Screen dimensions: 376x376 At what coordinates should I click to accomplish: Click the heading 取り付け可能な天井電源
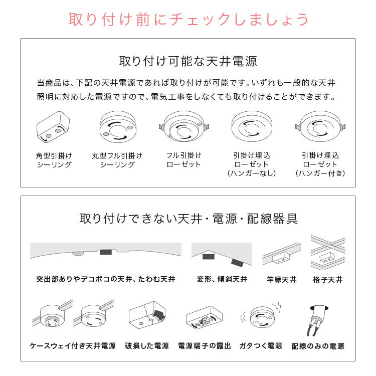click(x=188, y=62)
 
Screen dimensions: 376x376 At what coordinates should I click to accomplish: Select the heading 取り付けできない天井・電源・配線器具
click(x=188, y=219)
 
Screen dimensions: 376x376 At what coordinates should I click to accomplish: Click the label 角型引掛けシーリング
click(x=54, y=160)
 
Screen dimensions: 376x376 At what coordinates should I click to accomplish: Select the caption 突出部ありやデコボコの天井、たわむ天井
click(x=106, y=279)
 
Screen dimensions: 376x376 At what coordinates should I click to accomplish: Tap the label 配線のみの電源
click(x=318, y=346)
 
